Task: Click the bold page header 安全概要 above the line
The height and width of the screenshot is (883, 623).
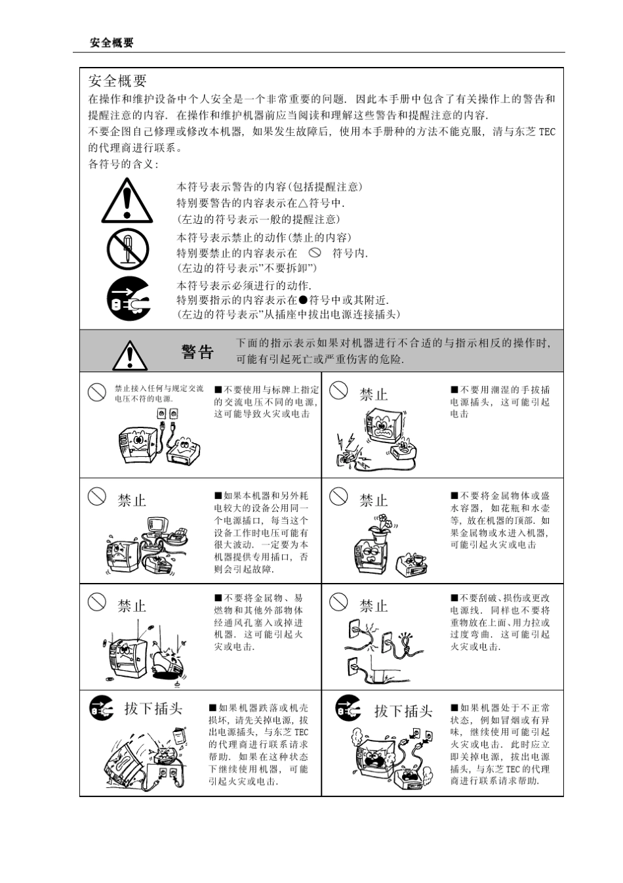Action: [x=111, y=43]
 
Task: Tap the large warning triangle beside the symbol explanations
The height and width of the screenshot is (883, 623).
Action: [x=127, y=202]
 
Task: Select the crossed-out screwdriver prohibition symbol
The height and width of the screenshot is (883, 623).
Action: [x=128, y=249]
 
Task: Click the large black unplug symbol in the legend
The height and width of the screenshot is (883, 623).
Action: [x=129, y=299]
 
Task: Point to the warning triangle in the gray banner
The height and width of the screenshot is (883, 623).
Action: [x=130, y=355]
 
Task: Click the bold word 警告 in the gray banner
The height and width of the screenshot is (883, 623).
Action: [x=197, y=352]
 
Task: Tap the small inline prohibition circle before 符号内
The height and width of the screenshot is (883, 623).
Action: [x=315, y=252]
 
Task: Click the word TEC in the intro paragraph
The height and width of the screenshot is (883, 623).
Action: [x=547, y=132]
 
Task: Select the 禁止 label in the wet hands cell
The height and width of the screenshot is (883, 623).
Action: [x=373, y=395]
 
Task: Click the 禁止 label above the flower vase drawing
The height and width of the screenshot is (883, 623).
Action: [x=373, y=500]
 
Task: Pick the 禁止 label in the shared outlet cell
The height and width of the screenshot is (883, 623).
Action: [x=131, y=500]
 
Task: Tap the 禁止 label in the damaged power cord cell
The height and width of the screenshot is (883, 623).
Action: [x=373, y=606]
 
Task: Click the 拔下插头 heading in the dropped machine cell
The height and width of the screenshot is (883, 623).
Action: [x=153, y=708]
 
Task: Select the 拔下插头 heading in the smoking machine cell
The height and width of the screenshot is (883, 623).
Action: [x=403, y=711]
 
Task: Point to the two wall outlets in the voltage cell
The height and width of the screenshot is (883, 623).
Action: [x=167, y=414]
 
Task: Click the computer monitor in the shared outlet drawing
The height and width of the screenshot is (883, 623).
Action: [x=159, y=525]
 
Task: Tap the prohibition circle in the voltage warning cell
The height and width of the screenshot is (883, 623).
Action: [x=97, y=392]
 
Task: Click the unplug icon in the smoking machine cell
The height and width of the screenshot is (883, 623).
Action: [x=348, y=708]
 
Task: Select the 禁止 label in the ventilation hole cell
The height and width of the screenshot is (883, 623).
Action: [x=131, y=606]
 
